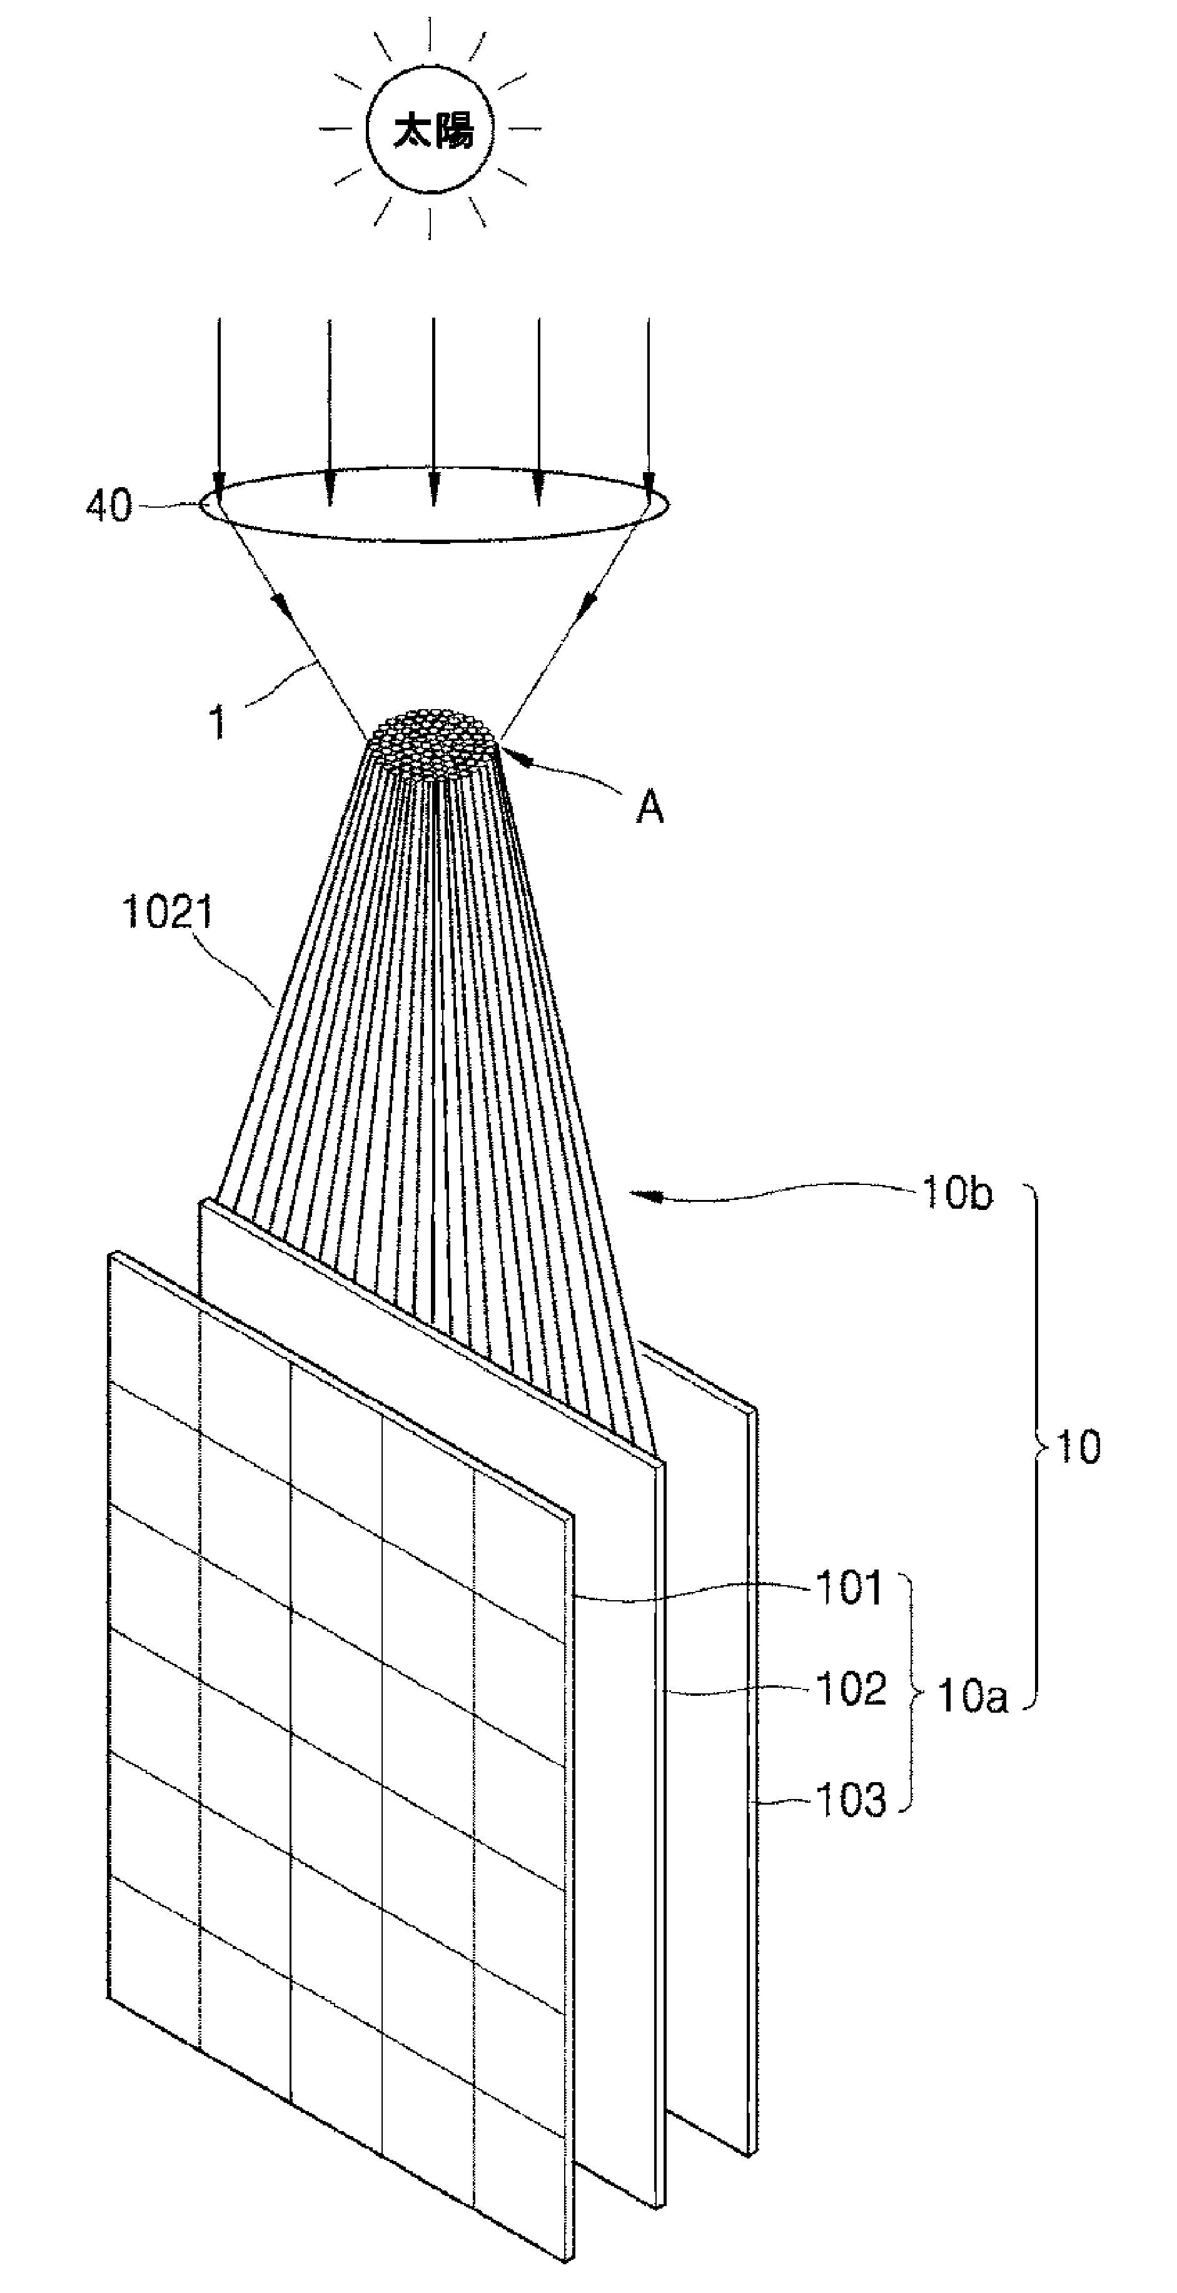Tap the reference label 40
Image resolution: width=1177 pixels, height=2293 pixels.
tap(109, 506)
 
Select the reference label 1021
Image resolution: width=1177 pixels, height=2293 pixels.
tap(168, 914)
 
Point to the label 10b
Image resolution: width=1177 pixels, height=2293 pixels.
tap(957, 1194)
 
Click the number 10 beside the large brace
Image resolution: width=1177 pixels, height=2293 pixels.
tap(1078, 1448)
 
